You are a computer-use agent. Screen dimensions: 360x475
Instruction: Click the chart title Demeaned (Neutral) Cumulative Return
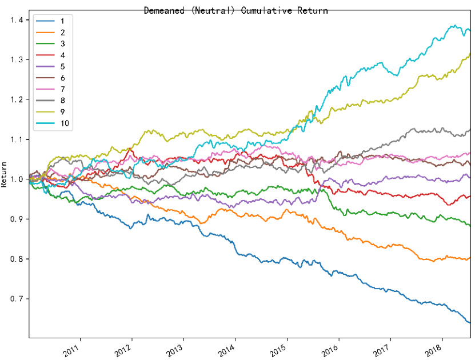[236, 10]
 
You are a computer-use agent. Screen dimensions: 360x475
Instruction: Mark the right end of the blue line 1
[470, 323]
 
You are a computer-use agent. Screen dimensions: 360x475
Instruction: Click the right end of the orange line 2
[470, 258]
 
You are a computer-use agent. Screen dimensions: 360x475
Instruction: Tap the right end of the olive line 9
[470, 53]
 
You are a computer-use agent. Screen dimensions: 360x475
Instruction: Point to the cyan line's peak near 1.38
[454, 25]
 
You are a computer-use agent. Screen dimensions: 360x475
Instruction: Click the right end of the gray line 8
[470, 130]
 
